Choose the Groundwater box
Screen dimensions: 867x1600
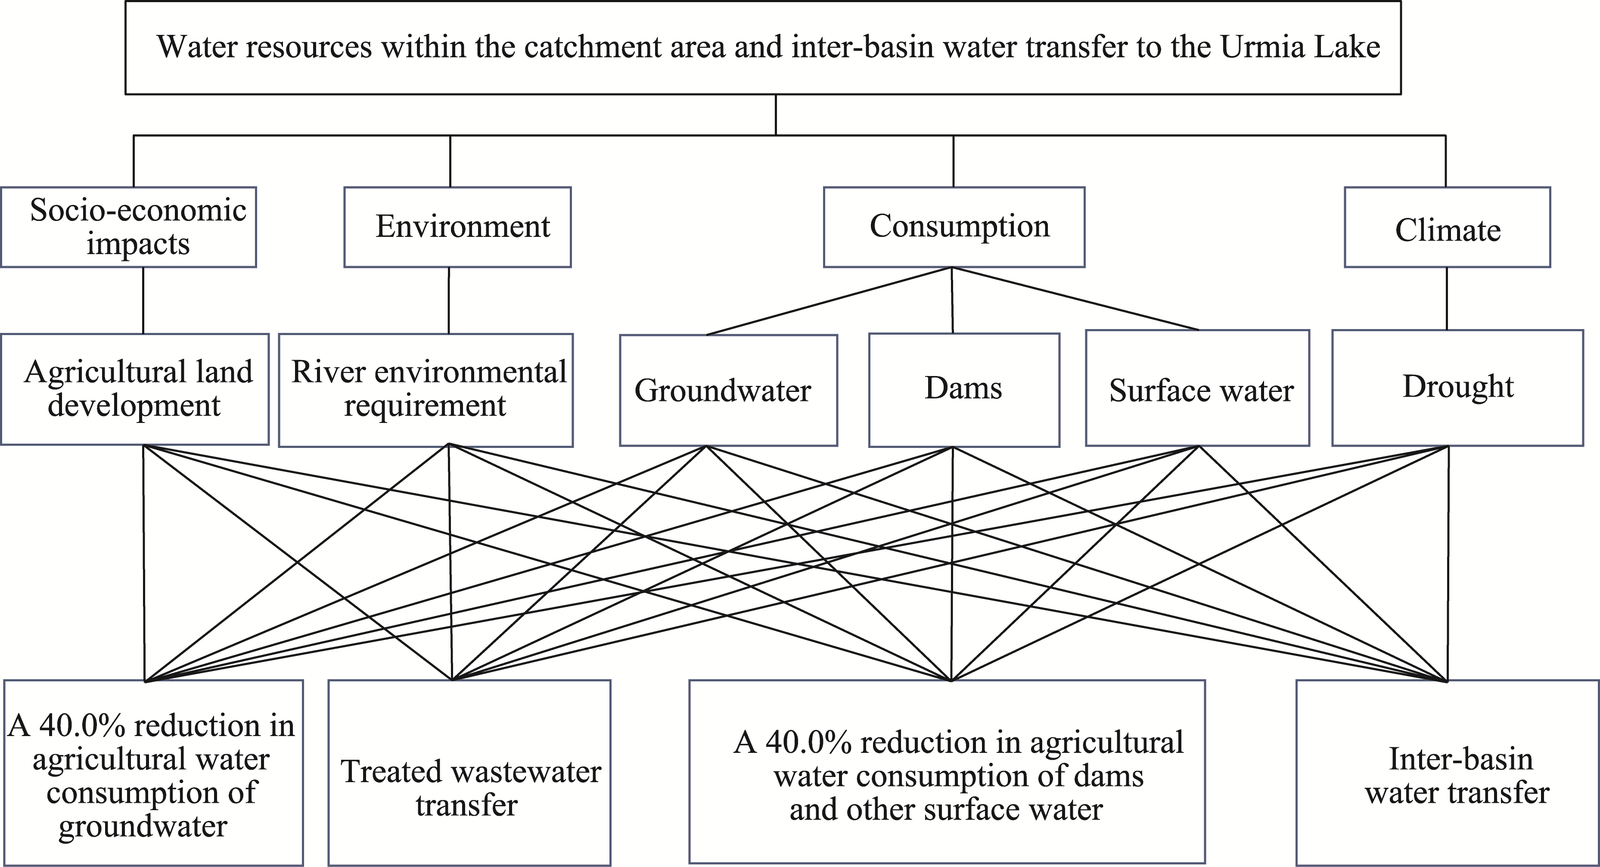[729, 391]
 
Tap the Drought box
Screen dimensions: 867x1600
[1457, 388]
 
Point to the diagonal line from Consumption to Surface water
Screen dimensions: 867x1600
[1075, 299]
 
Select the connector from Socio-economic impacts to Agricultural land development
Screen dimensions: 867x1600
[143, 301]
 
